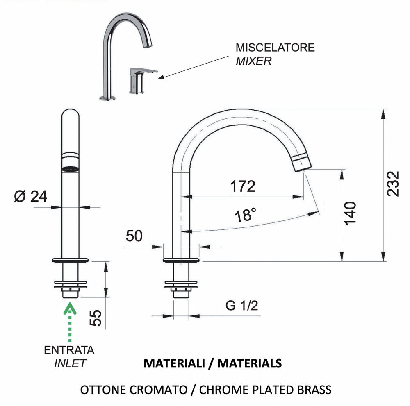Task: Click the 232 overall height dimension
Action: tap(394, 183)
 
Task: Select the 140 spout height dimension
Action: tap(351, 213)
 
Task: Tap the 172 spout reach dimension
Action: tap(242, 186)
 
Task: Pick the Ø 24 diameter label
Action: tap(30, 197)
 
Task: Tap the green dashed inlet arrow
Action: tap(71, 322)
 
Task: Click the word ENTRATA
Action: tap(69, 350)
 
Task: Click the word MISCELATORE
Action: tap(275, 47)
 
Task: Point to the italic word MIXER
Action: tap(253, 61)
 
